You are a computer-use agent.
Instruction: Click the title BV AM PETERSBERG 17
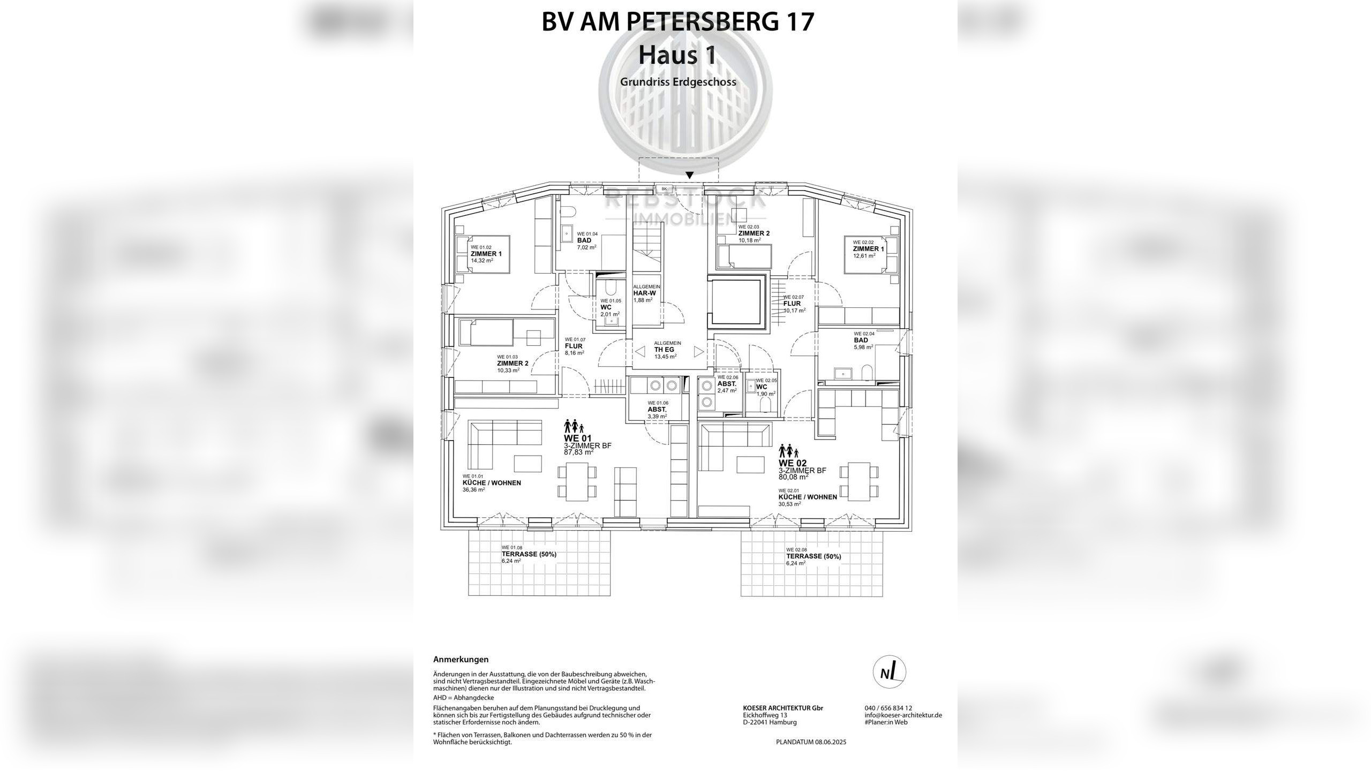click(678, 22)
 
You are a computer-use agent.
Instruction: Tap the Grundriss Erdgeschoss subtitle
click(678, 82)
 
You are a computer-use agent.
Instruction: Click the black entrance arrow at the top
click(690, 175)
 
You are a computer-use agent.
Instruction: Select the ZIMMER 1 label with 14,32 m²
click(111, 254)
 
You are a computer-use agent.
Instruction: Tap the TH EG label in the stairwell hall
click(664, 350)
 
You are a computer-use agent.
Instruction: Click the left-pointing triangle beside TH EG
click(640, 352)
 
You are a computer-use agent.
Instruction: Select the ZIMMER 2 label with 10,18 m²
click(754, 233)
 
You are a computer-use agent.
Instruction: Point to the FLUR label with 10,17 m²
click(792, 304)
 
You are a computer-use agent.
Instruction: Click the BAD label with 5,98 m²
click(861, 340)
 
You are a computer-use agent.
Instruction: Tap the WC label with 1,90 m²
click(762, 387)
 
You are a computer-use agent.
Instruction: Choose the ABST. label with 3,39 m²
click(657, 409)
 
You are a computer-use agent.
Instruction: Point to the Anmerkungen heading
click(461, 660)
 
